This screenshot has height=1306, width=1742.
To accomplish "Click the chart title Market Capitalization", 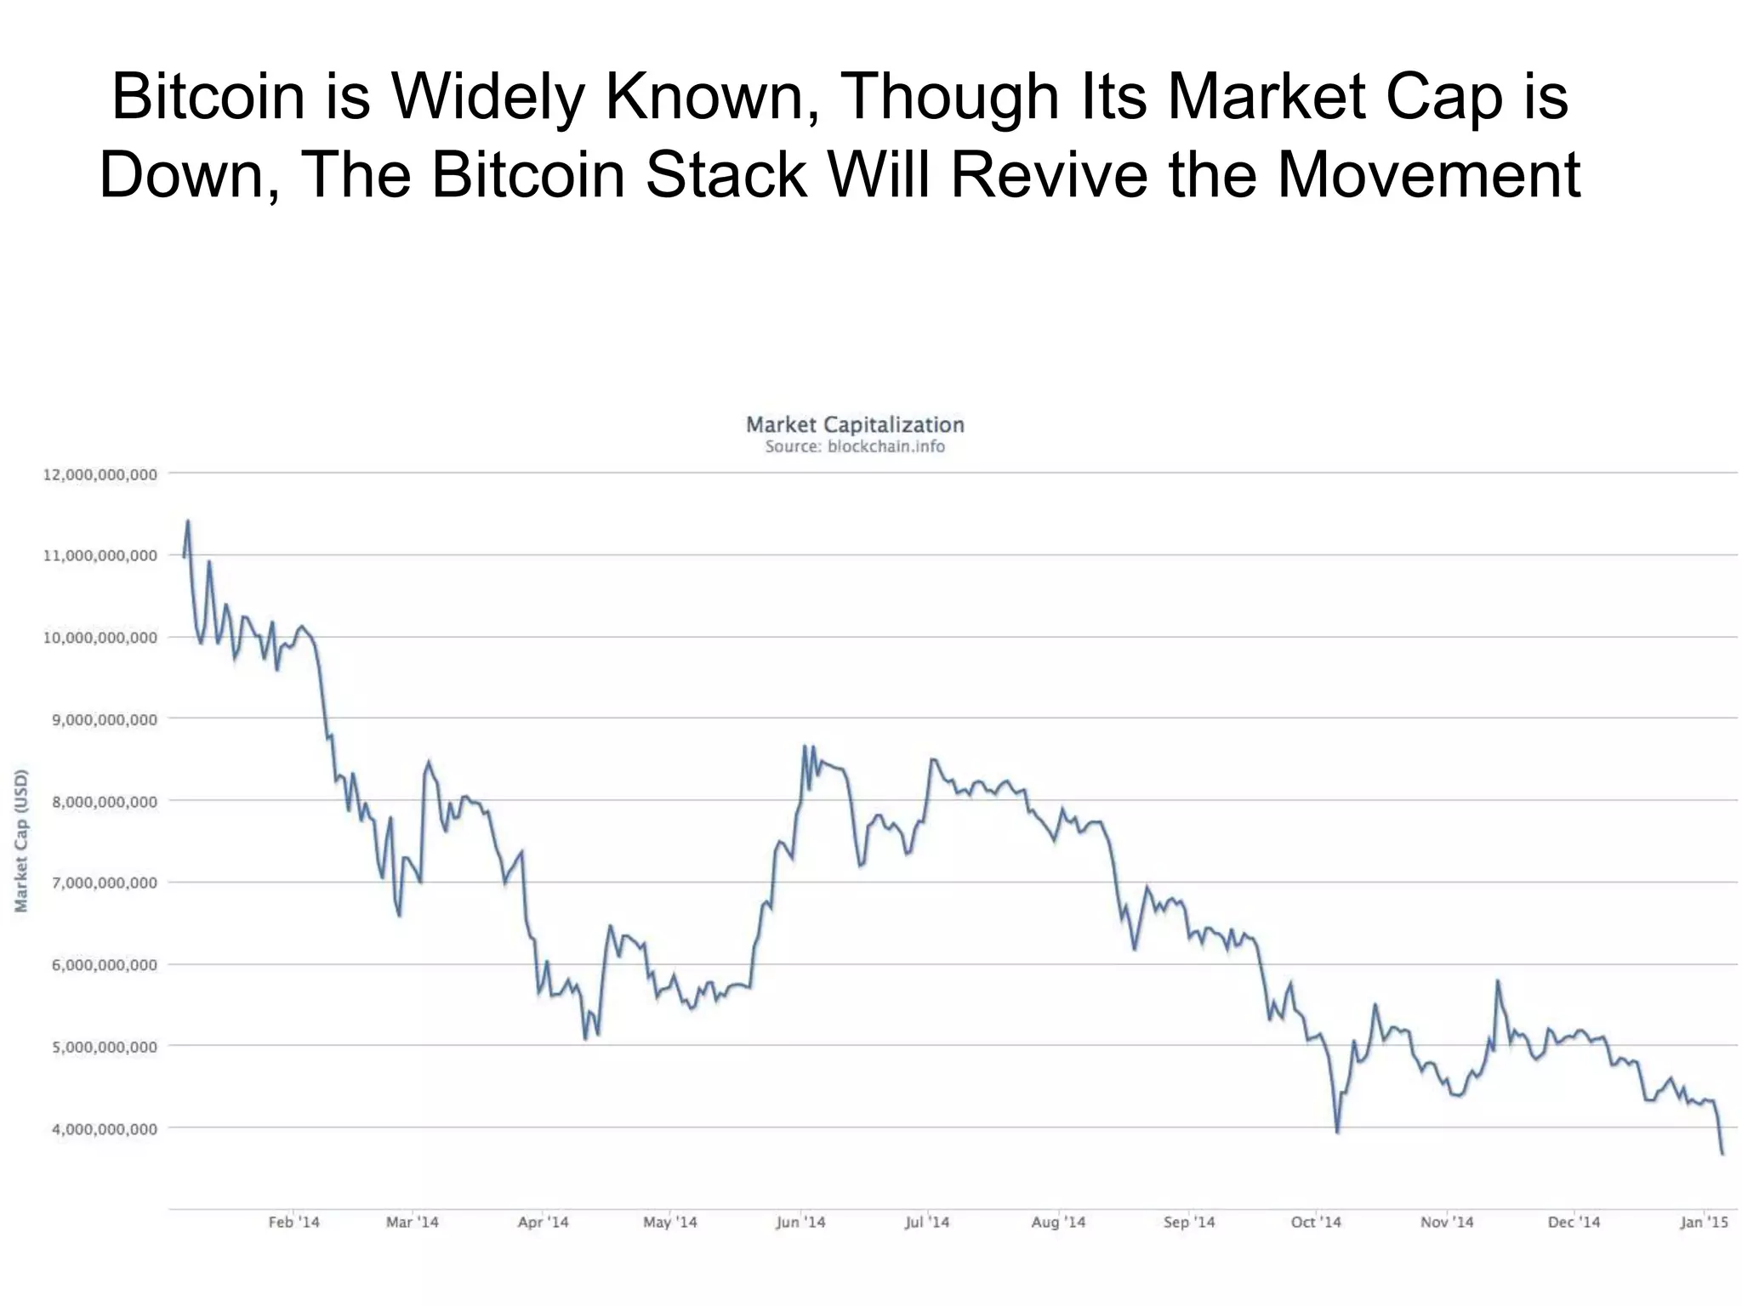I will point(854,424).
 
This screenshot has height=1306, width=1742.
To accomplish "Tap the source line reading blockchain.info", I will point(854,447).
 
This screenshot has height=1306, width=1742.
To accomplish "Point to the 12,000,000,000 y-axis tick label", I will point(100,474).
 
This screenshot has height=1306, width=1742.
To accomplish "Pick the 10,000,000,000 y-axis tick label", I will point(100,638).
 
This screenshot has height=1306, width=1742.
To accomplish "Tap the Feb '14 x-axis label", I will point(293,1222).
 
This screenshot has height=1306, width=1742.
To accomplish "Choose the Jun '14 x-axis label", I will point(800,1222).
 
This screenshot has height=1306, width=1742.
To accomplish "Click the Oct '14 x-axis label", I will point(1315,1222).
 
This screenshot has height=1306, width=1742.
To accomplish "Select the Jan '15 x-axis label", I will point(1704,1222).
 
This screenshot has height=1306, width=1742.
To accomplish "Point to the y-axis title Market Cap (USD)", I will point(22,840).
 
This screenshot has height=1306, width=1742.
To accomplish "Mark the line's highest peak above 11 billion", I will point(188,521).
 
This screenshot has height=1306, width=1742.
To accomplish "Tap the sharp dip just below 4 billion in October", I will point(1338,1132).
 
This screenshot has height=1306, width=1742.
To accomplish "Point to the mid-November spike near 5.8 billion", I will point(1497,981).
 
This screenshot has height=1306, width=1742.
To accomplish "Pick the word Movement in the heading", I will point(1429,174).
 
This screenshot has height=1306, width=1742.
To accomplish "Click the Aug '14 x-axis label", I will point(1058,1222).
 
